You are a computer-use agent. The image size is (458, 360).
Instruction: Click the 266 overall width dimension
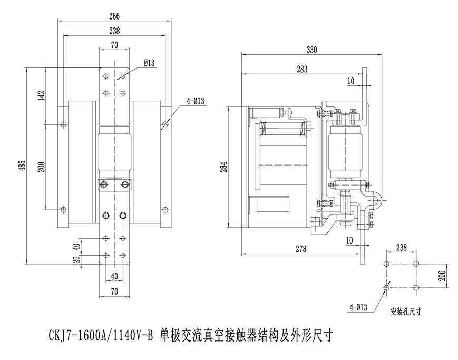(x=114, y=16)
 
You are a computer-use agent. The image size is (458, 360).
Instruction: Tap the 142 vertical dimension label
(x=41, y=95)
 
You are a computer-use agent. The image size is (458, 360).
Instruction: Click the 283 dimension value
(x=302, y=69)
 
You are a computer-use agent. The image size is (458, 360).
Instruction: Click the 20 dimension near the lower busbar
(x=76, y=259)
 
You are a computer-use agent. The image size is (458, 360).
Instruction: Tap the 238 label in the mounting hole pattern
(x=401, y=247)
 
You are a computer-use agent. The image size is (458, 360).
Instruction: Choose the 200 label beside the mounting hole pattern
(x=443, y=275)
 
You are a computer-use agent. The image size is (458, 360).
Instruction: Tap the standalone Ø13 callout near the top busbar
(x=149, y=63)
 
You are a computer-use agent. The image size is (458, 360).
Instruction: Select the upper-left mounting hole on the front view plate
(x=64, y=124)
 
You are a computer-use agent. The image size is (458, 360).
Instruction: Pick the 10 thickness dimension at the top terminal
(x=351, y=81)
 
